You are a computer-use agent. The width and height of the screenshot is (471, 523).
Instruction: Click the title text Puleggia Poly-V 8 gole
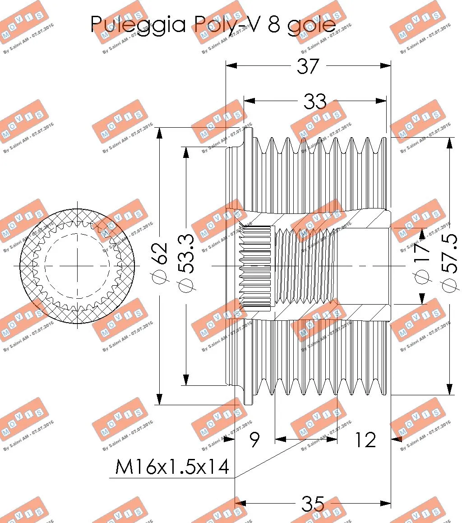tap(213, 24)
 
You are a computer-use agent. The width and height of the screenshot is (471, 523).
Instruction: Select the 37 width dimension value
tap(308, 66)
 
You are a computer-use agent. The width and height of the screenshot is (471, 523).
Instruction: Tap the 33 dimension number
tap(314, 102)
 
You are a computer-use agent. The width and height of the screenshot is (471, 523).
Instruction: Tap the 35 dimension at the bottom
tap(313, 504)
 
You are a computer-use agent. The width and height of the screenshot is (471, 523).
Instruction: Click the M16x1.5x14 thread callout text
tap(172, 467)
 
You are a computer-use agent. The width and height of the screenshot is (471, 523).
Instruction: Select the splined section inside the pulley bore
tap(255, 266)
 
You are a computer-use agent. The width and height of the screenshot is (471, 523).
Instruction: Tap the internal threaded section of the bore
tap(307, 266)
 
